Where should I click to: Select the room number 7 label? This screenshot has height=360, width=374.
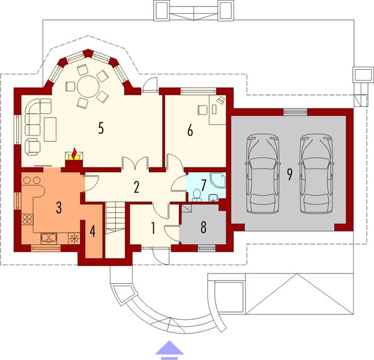tap(204, 183)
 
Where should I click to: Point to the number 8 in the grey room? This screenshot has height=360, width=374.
tap(203, 227)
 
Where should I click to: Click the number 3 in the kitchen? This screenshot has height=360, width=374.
tap(58, 208)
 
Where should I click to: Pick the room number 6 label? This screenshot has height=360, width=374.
tap(190, 130)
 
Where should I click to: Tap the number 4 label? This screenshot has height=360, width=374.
tap(92, 230)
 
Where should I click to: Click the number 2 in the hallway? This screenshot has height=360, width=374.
tap(137, 187)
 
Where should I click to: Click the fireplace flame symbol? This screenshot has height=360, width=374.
tap(73, 154)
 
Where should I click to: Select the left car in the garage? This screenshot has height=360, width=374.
tap(262, 174)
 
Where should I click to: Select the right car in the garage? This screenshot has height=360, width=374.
tap(316, 174)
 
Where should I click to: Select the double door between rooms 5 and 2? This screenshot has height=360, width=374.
tap(134, 164)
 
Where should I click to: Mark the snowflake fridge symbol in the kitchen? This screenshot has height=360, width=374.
tap(74, 238)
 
